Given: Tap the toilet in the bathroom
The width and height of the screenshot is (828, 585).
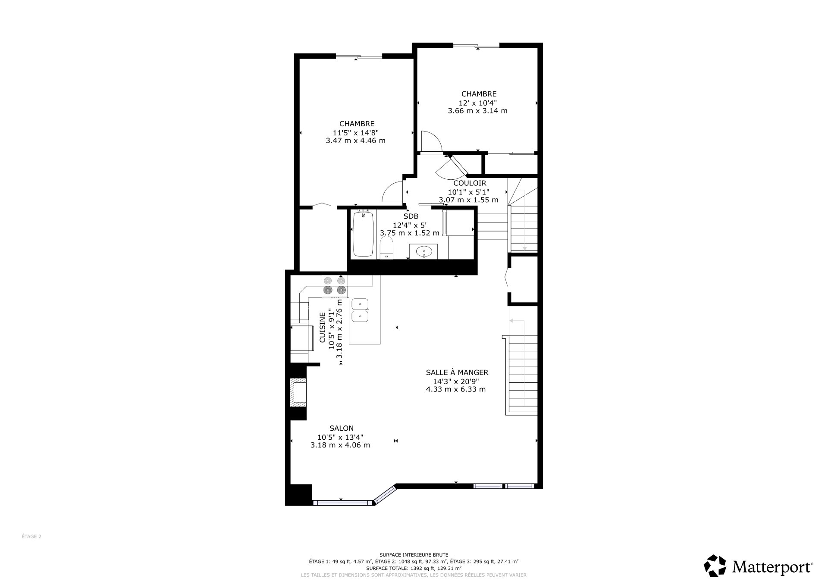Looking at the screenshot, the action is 387,250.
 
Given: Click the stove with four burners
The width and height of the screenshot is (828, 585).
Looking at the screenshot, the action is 335,286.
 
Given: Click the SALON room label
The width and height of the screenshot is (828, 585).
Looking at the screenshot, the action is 342,428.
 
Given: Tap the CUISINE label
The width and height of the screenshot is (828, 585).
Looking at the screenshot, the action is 322,328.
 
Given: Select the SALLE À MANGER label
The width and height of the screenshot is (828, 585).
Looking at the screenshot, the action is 457,372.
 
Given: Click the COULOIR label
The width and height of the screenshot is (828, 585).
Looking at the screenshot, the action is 470,183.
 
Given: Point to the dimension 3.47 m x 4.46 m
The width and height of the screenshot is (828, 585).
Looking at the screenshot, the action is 356,141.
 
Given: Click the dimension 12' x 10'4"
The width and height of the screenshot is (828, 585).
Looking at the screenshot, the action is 478,103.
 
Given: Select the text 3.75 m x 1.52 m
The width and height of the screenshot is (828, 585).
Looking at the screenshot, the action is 410,233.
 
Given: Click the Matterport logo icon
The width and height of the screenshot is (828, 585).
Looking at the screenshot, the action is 715,566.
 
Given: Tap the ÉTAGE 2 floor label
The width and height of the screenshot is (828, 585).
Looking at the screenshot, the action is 31,537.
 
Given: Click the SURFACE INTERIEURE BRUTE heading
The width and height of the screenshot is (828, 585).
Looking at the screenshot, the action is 414,555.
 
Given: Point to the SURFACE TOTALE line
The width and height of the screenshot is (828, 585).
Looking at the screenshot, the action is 414,568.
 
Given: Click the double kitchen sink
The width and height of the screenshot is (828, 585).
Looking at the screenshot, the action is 360,310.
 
